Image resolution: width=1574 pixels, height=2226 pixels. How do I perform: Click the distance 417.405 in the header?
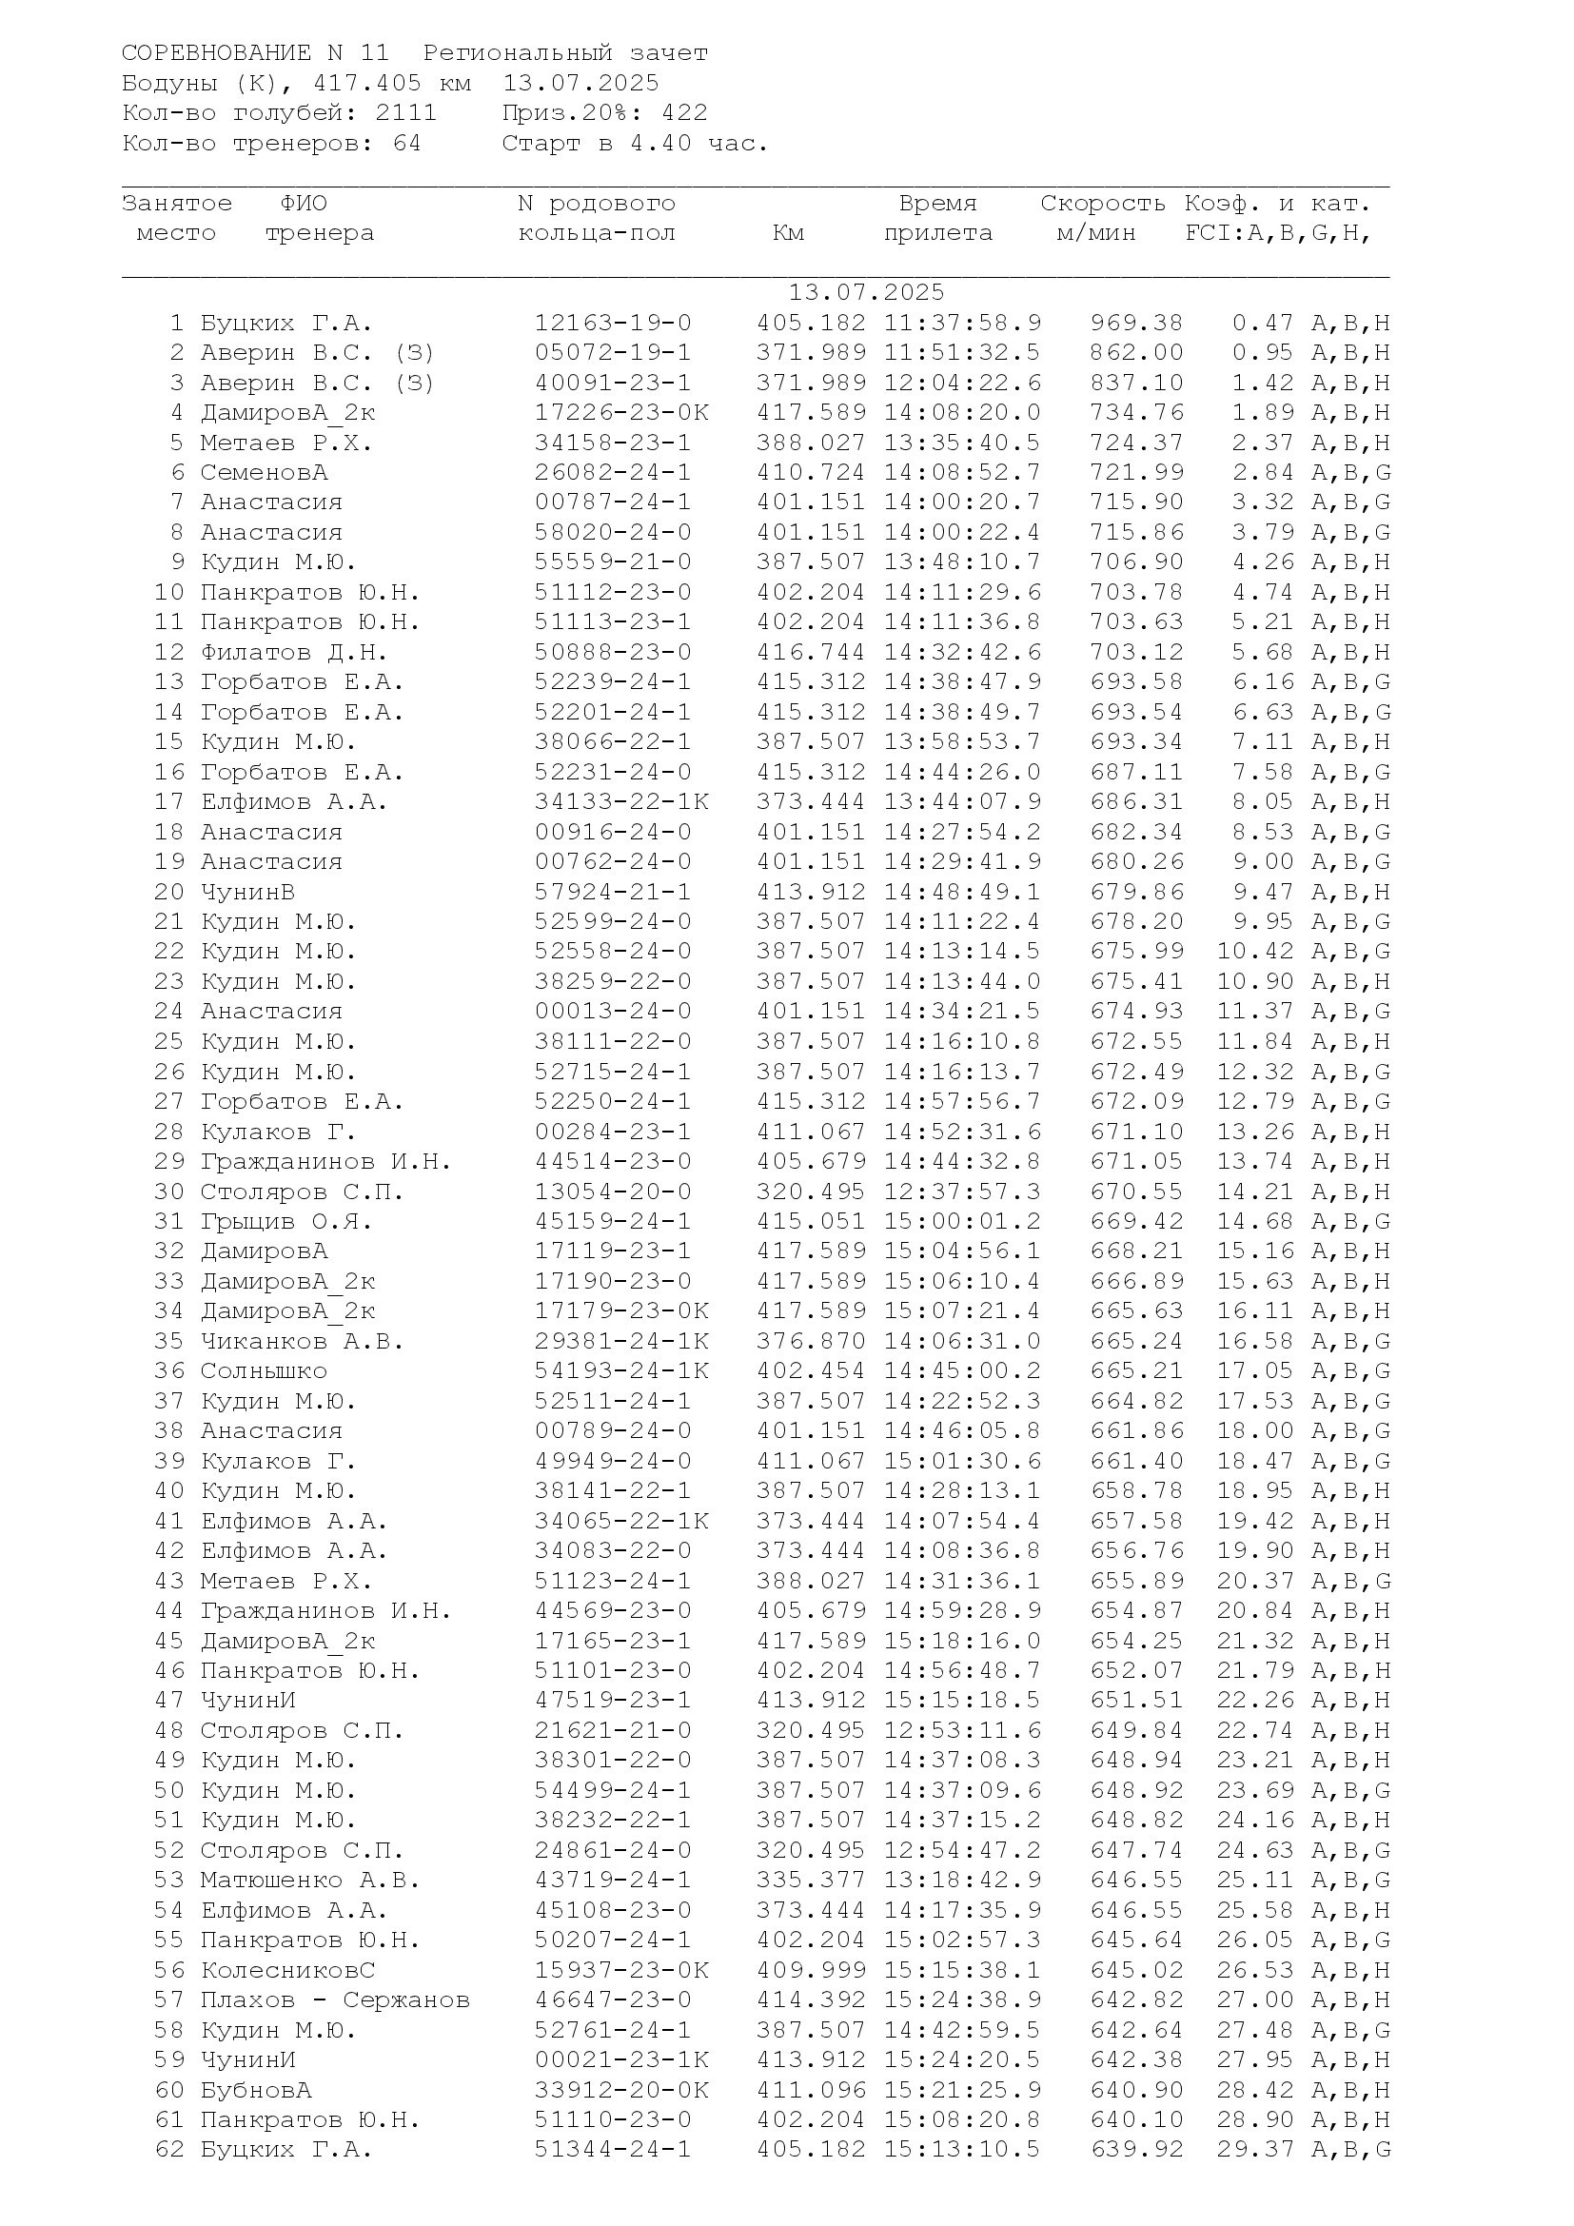tap(367, 84)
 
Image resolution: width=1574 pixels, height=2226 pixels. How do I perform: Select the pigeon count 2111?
tap(406, 113)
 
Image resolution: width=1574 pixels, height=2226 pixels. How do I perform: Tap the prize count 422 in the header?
tap(684, 113)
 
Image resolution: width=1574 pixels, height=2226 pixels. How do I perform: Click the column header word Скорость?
tap(1102, 204)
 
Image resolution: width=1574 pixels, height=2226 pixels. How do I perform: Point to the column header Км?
tap(788, 234)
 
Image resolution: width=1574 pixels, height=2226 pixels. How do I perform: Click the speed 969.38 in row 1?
tap(1136, 323)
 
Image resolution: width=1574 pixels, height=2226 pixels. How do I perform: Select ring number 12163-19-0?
tap(613, 323)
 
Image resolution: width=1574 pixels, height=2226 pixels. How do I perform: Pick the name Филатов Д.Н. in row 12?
tap(294, 653)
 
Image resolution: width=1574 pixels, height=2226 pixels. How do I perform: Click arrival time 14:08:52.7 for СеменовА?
tap(961, 473)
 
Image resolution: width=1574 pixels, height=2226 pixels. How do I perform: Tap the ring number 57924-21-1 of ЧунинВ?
tap(613, 892)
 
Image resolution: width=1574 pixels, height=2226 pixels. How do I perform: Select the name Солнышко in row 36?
tap(264, 1370)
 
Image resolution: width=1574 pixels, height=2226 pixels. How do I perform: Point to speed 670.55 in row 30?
tap(1136, 1192)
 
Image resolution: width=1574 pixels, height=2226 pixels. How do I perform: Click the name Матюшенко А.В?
tap(310, 1880)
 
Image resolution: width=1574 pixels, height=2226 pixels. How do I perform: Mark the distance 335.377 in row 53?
tap(810, 1880)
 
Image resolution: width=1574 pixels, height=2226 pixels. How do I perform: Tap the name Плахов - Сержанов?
tap(334, 2000)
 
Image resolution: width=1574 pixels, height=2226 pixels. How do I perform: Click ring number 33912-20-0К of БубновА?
tap(621, 2090)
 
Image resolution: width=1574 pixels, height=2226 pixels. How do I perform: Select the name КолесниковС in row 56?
tap(287, 1970)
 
